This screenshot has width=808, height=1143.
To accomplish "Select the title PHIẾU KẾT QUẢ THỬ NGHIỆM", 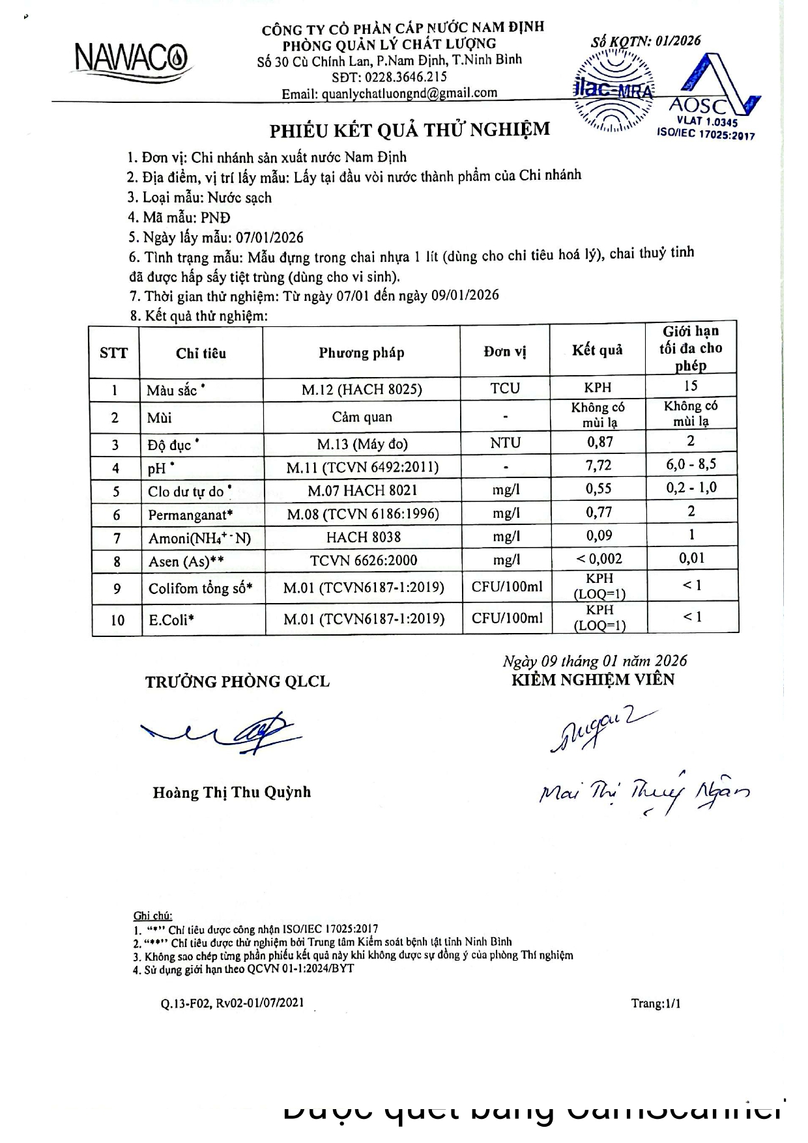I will pyautogui.click(x=410, y=130).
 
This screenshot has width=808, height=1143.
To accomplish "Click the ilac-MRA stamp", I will pyautogui.click(x=613, y=90).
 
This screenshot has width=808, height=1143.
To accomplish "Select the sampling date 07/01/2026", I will pyautogui.click(x=269, y=237).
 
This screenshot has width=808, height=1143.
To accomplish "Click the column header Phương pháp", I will pyautogui.click(x=361, y=353).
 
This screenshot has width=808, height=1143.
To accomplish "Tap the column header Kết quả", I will pyautogui.click(x=597, y=350).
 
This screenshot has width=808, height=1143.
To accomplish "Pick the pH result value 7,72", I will pyautogui.click(x=599, y=466).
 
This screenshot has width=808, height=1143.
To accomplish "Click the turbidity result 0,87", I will pyautogui.click(x=599, y=442).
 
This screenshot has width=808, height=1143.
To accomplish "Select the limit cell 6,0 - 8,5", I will pyautogui.click(x=691, y=464).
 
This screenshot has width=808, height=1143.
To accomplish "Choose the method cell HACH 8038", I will pyautogui.click(x=363, y=537).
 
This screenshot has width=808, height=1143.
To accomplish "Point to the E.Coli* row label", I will pyautogui.click(x=171, y=620).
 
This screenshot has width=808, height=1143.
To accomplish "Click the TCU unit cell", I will pyautogui.click(x=505, y=388).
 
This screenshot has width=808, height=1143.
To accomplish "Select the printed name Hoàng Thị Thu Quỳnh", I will pyautogui.click(x=232, y=793).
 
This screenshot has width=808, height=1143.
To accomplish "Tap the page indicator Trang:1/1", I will pyautogui.click(x=656, y=1003).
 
